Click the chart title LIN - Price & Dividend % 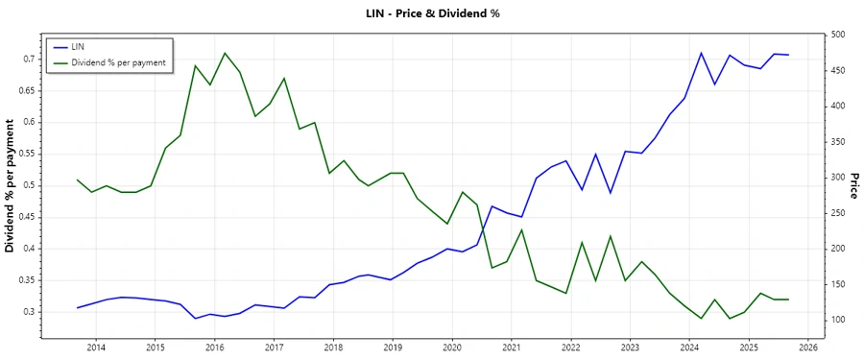tap(432, 13)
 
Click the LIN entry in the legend tap(79, 46)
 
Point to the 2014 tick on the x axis tap(96, 347)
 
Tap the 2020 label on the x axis tap(451, 347)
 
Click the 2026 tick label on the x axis tap(807, 347)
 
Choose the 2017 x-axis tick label tap(274, 347)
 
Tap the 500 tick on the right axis tap(838, 35)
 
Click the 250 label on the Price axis tap(838, 213)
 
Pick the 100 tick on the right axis tap(838, 320)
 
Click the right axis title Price tap(853, 185)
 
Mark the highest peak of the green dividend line tap(225, 53)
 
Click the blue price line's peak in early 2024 tap(701, 53)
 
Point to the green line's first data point tap(78, 180)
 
